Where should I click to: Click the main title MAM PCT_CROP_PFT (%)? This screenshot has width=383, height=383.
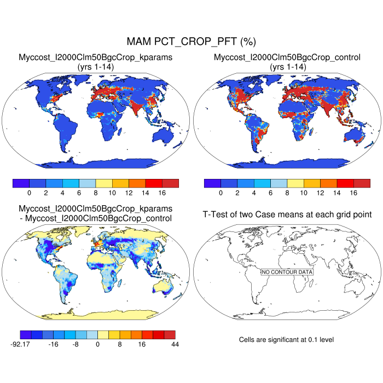pyautogui.click(x=191, y=42)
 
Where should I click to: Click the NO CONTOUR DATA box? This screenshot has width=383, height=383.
pyautogui.click(x=287, y=272)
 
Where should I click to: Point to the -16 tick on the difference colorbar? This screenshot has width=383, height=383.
pyautogui.click(x=54, y=344)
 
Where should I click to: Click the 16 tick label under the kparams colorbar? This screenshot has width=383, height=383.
pyautogui.click(x=162, y=193)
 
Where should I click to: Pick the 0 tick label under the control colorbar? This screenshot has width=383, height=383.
pyautogui.click(x=220, y=193)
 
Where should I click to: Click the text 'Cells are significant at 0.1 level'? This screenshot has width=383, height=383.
pyautogui.click(x=286, y=340)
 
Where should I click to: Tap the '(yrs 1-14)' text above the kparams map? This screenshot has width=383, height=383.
pyautogui.click(x=96, y=66)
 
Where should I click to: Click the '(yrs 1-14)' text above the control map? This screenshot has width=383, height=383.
pyautogui.click(x=287, y=66)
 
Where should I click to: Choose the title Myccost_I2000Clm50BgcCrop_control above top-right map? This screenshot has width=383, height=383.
pyautogui.click(x=287, y=57)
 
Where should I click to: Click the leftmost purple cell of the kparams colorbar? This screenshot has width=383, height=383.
pyautogui.click(x=21, y=183)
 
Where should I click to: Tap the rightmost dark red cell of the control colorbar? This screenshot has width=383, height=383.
pyautogui.click(x=362, y=183)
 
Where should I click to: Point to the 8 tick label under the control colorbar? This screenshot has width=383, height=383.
pyautogui.click(x=287, y=193)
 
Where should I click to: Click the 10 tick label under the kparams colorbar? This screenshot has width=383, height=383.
pyautogui.click(x=112, y=193)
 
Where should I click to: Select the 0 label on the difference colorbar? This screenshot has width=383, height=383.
pyautogui.click(x=98, y=344)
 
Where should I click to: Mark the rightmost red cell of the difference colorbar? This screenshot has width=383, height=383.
pyautogui.click(x=170, y=334)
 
